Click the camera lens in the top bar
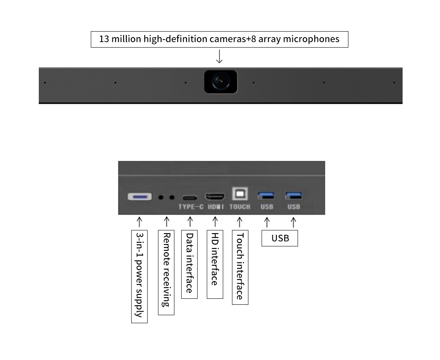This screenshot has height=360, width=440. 220,82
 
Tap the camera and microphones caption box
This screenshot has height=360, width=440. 219,39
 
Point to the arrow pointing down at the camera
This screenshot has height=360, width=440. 219,56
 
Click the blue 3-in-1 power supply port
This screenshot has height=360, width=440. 140,197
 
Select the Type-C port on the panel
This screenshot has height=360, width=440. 190,198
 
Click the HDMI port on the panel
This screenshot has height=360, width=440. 215,197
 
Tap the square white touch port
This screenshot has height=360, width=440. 240,194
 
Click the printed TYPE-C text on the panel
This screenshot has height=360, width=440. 191,207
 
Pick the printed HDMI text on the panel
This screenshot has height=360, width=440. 216,207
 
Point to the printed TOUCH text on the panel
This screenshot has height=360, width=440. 240,207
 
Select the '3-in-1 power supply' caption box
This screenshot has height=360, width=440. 139,276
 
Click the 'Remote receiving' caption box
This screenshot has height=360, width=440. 166,272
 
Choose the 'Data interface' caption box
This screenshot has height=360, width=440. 189,264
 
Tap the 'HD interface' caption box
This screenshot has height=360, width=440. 215,264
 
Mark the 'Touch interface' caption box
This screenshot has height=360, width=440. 240,267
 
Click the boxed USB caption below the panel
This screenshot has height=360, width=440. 280,238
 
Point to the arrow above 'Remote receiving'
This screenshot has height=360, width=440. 167,221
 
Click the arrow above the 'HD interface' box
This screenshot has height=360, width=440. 215,221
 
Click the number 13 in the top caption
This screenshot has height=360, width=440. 104,39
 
